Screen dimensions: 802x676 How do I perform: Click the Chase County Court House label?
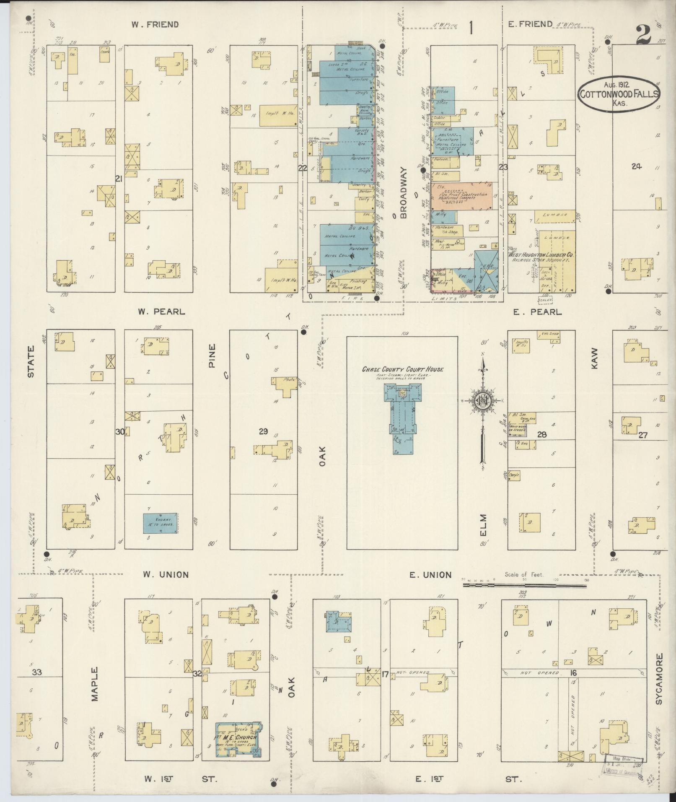pos(402,369)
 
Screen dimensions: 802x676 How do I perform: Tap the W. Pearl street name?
pos(161,312)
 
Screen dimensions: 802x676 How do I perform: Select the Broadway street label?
pos(403,193)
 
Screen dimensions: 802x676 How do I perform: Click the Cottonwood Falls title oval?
pos(619,95)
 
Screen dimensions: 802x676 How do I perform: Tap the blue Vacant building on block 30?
pos(161,523)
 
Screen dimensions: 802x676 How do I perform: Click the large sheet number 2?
pos(643,34)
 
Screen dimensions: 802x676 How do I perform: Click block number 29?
pos(263,431)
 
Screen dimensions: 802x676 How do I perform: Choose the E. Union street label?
pos(430,575)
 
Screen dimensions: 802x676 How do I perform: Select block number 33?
pos(37,672)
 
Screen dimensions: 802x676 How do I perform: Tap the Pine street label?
pos(212,356)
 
